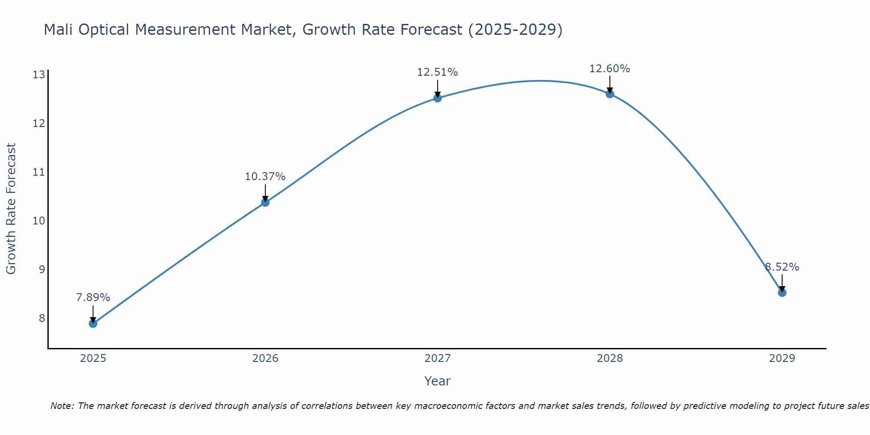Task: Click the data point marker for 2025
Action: click(x=93, y=323)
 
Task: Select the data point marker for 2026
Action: click(x=265, y=202)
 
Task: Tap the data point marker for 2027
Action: click(x=438, y=98)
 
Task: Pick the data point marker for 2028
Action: click(x=610, y=94)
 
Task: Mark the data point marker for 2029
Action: click(x=782, y=293)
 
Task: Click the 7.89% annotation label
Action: click(x=93, y=298)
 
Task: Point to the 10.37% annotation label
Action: click(x=265, y=177)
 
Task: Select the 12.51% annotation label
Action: click(x=438, y=72)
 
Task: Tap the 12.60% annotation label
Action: click(x=610, y=69)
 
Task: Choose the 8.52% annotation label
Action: click(x=782, y=267)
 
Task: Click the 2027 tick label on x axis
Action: click(x=438, y=358)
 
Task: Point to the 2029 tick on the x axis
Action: click(x=782, y=358)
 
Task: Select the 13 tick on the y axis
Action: click(x=39, y=75)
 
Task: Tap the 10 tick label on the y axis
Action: click(x=39, y=221)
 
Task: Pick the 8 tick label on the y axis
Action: click(x=42, y=318)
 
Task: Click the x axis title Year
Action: click(x=438, y=381)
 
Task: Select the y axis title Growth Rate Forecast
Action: click(x=11, y=209)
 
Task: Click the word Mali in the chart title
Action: click(x=59, y=30)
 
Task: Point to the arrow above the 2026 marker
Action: click(x=265, y=192)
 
